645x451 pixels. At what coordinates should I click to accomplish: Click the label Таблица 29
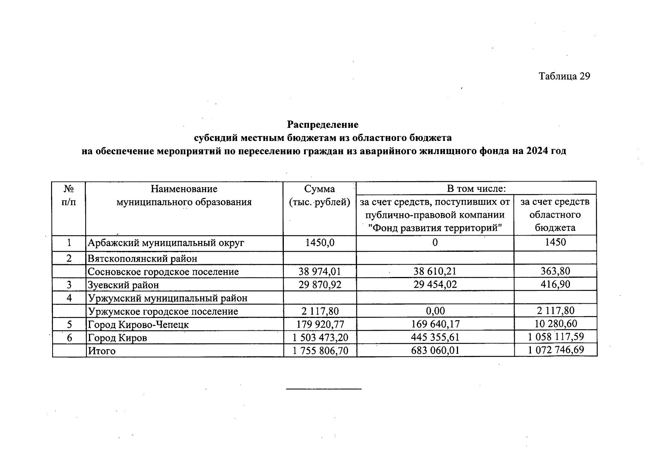pos(564,76)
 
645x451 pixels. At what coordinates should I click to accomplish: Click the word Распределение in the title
pos(322,124)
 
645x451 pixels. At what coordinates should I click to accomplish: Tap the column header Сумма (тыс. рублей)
pos(319,195)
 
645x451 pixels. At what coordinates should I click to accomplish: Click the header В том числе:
pos(476,189)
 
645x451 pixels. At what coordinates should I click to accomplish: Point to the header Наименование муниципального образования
pos(184,195)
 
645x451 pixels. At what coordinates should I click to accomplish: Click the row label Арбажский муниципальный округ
pos(166,243)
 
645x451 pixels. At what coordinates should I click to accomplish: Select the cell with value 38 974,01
pos(319,271)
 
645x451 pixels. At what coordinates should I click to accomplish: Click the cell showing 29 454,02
pos(435,285)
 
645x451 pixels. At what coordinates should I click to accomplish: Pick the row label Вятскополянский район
pos(142,259)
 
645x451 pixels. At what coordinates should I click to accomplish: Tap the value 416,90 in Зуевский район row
pos(555,284)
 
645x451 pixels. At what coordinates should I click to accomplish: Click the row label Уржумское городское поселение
pos(163,312)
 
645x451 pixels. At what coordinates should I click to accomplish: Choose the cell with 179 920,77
pos(320,324)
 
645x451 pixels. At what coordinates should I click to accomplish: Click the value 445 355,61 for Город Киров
pos(435,337)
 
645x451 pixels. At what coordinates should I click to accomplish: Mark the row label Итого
pos(101,351)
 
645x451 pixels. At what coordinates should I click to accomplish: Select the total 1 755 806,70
pos(320,351)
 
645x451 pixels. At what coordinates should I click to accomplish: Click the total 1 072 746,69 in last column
pos(556,350)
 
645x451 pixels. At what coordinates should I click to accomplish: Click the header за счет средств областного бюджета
pos(555,215)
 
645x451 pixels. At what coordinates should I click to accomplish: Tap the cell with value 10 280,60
pos(555,324)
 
